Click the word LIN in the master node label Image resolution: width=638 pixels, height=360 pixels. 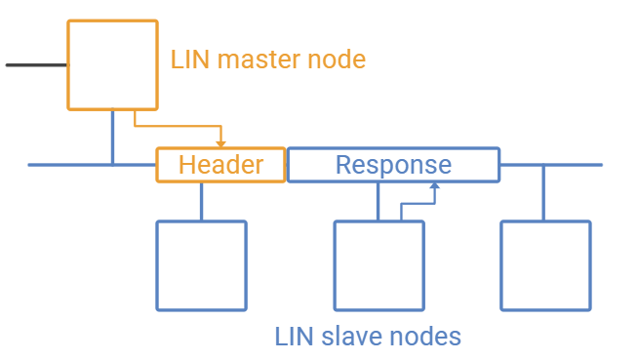[190, 60]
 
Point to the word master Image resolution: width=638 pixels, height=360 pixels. [259, 60]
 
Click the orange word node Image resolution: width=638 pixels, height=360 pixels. [337, 60]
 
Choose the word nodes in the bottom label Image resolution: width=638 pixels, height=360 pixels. [424, 337]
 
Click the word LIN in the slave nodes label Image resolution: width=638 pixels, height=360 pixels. [294, 337]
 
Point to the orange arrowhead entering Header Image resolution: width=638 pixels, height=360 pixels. [220, 144]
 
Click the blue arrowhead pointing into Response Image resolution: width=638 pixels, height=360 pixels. [435, 185]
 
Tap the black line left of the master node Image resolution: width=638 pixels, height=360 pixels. [37, 65]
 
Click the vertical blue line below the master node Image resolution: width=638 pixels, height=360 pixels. [113, 138]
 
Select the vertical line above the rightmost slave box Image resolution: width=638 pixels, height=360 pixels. [543, 193]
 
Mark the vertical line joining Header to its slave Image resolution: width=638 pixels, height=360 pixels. [201, 201]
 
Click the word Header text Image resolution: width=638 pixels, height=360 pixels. [220, 165]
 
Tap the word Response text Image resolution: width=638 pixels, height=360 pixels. [393, 166]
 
